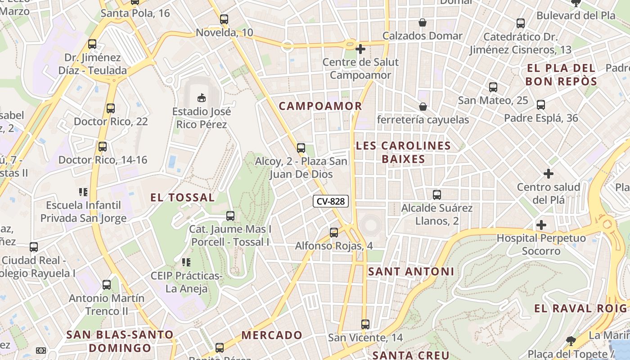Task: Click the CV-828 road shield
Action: (331, 201)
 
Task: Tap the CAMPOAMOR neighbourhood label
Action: (320, 106)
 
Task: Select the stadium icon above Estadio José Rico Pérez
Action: (202, 97)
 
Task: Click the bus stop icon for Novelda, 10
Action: (224, 19)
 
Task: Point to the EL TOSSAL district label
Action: (182, 197)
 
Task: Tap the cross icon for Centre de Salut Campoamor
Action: (360, 49)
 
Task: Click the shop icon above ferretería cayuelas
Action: (423, 107)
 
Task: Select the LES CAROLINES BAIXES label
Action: (403, 152)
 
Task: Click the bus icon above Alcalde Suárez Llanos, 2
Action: (436, 195)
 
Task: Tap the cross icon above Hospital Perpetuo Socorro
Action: (541, 225)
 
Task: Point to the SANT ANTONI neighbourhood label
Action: (411, 271)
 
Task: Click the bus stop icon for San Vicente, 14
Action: (365, 324)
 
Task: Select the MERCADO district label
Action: (272, 335)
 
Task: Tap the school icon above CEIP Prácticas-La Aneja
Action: (186, 262)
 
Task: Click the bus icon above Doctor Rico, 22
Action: (111, 108)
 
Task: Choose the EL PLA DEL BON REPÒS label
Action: (561, 75)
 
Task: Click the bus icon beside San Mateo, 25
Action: (493, 87)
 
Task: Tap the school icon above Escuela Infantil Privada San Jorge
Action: (83, 192)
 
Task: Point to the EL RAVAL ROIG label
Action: (580, 308)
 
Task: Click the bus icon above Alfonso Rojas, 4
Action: (333, 233)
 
